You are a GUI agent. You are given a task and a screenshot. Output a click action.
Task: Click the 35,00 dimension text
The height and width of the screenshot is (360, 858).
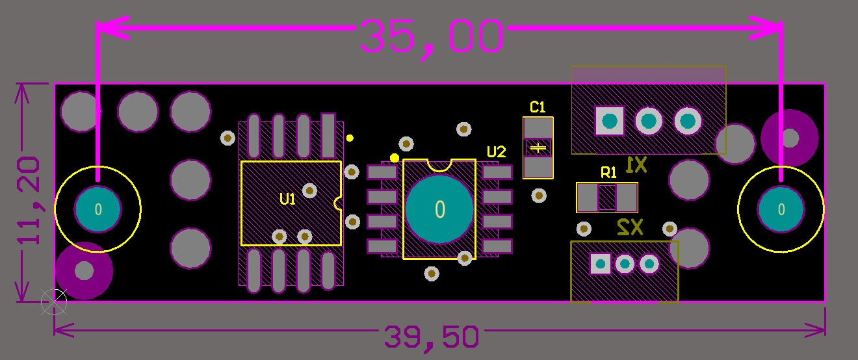pyautogui.click(x=432, y=36)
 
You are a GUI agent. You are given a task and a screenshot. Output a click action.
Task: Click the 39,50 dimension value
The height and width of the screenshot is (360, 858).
pyautogui.click(x=432, y=337)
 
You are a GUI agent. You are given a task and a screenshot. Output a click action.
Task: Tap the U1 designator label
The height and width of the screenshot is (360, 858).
pyautogui.click(x=287, y=199)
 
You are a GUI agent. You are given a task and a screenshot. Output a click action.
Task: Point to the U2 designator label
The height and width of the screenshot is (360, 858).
pyautogui.click(x=496, y=152)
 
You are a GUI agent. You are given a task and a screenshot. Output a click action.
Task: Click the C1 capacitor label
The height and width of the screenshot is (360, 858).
pyautogui.click(x=538, y=107)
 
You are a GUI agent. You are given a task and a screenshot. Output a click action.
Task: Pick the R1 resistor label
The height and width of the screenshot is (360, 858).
pyautogui.click(x=608, y=172)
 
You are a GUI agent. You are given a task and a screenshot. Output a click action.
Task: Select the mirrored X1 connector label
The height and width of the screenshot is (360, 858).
pyautogui.click(x=636, y=166)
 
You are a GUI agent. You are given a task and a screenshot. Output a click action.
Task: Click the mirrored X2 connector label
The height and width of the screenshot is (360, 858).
pyautogui.click(x=629, y=227)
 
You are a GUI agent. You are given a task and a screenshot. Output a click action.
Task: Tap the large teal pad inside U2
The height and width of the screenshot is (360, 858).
pyautogui.click(x=439, y=209)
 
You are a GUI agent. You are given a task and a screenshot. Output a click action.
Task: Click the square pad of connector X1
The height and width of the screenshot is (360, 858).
pyautogui.click(x=610, y=121)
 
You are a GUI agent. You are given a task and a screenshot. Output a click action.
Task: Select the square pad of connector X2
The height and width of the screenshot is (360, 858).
pyautogui.click(x=600, y=264)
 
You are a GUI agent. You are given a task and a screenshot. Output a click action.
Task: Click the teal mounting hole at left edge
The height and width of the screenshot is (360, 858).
pyautogui.click(x=97, y=209)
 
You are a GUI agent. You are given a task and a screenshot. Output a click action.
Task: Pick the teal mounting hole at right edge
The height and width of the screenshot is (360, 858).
pyautogui.click(x=781, y=209)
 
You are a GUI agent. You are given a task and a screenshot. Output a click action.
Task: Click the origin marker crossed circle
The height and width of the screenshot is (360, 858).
pyautogui.click(x=53, y=301)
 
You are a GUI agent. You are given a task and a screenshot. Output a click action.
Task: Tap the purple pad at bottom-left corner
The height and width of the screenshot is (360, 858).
pyautogui.click(x=84, y=270)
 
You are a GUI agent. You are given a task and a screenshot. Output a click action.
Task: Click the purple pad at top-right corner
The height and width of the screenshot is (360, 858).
pyautogui.click(x=790, y=138)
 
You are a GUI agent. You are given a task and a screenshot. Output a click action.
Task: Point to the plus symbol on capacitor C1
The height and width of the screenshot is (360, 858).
pyautogui.click(x=538, y=148)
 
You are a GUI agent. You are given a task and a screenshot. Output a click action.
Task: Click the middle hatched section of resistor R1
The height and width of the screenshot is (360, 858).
pyautogui.click(x=607, y=198)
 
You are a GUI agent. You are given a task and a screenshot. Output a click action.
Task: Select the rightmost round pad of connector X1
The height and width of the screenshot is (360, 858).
pyautogui.click(x=688, y=121)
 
